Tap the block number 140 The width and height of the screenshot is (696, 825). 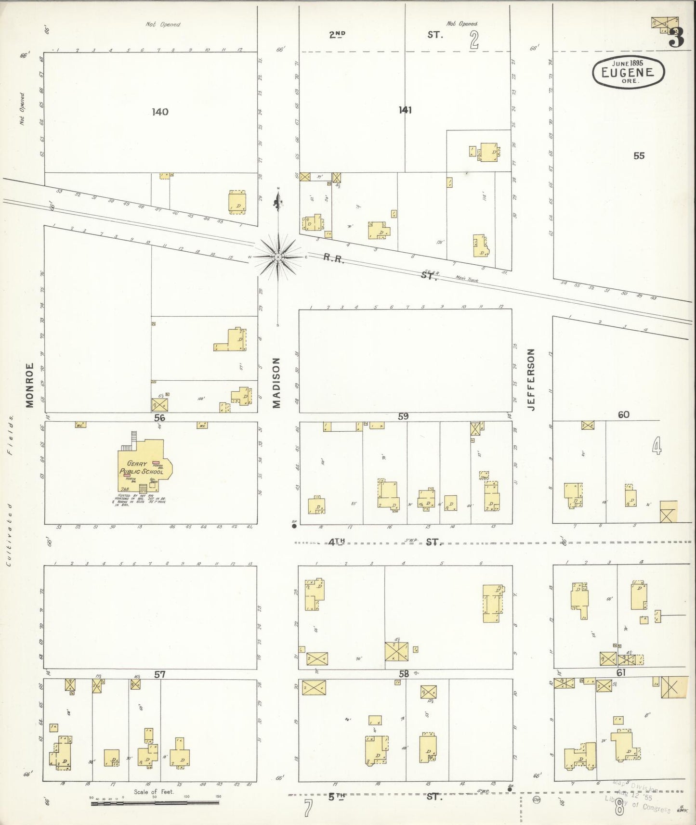[160, 112]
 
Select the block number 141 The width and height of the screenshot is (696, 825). [405, 110]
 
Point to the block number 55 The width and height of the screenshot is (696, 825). [639, 156]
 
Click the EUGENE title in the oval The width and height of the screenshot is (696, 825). [629, 73]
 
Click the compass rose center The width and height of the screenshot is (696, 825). [278, 258]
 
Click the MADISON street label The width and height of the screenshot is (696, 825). [276, 383]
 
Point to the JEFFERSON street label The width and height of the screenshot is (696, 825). [531, 380]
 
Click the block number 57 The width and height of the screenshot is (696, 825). [160, 675]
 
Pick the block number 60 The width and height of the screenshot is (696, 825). [623, 414]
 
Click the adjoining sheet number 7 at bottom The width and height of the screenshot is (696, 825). [309, 808]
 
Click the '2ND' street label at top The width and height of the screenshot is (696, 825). [338, 34]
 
